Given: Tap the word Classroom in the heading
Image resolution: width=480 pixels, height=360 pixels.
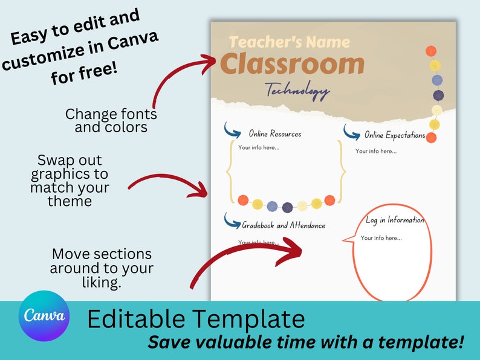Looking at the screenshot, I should [292, 65].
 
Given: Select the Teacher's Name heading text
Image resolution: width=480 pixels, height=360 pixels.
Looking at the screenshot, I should [290, 42].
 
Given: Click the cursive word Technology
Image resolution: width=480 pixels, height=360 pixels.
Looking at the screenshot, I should [298, 91].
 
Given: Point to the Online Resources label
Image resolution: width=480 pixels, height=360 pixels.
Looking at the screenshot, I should [274, 133].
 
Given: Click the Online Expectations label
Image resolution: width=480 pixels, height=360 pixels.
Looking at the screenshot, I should [395, 135].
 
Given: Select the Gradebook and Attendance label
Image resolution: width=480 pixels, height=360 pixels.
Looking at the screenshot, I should [284, 225].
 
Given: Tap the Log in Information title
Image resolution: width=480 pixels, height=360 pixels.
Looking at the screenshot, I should [395, 220].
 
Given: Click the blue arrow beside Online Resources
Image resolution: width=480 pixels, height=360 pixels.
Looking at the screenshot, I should [232, 129].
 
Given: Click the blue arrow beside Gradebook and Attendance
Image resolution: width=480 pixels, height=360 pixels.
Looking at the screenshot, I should [232, 220].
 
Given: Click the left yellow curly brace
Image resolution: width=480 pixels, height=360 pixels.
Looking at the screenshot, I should [230, 172].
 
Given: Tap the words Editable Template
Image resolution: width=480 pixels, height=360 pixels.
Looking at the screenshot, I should [196, 319].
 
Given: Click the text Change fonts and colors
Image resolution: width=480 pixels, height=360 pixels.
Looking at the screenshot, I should [111, 120].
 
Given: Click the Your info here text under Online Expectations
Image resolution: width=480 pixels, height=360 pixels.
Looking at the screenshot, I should [376, 151].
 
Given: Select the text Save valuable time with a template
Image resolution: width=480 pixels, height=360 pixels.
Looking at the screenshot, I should [306, 342].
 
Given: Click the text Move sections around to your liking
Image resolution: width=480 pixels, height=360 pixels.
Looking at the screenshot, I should [102, 268].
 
